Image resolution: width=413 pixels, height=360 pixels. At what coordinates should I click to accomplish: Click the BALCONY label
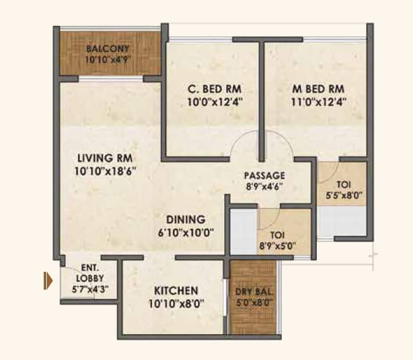point(108,49)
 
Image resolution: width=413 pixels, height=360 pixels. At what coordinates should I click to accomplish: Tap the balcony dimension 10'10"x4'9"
point(108,60)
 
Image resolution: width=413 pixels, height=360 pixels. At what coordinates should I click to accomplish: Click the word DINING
point(186,219)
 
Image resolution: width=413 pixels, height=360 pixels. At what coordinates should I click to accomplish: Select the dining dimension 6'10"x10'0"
point(186,232)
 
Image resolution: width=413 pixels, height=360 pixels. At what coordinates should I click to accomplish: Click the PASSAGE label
point(265,176)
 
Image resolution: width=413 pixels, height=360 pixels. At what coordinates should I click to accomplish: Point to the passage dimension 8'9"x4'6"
point(265,186)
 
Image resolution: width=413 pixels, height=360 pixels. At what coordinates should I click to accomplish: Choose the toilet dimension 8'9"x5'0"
point(277,246)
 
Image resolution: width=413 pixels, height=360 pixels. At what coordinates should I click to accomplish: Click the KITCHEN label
point(176,291)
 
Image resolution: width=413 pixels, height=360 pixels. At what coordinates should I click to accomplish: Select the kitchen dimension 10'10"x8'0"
point(176,304)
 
